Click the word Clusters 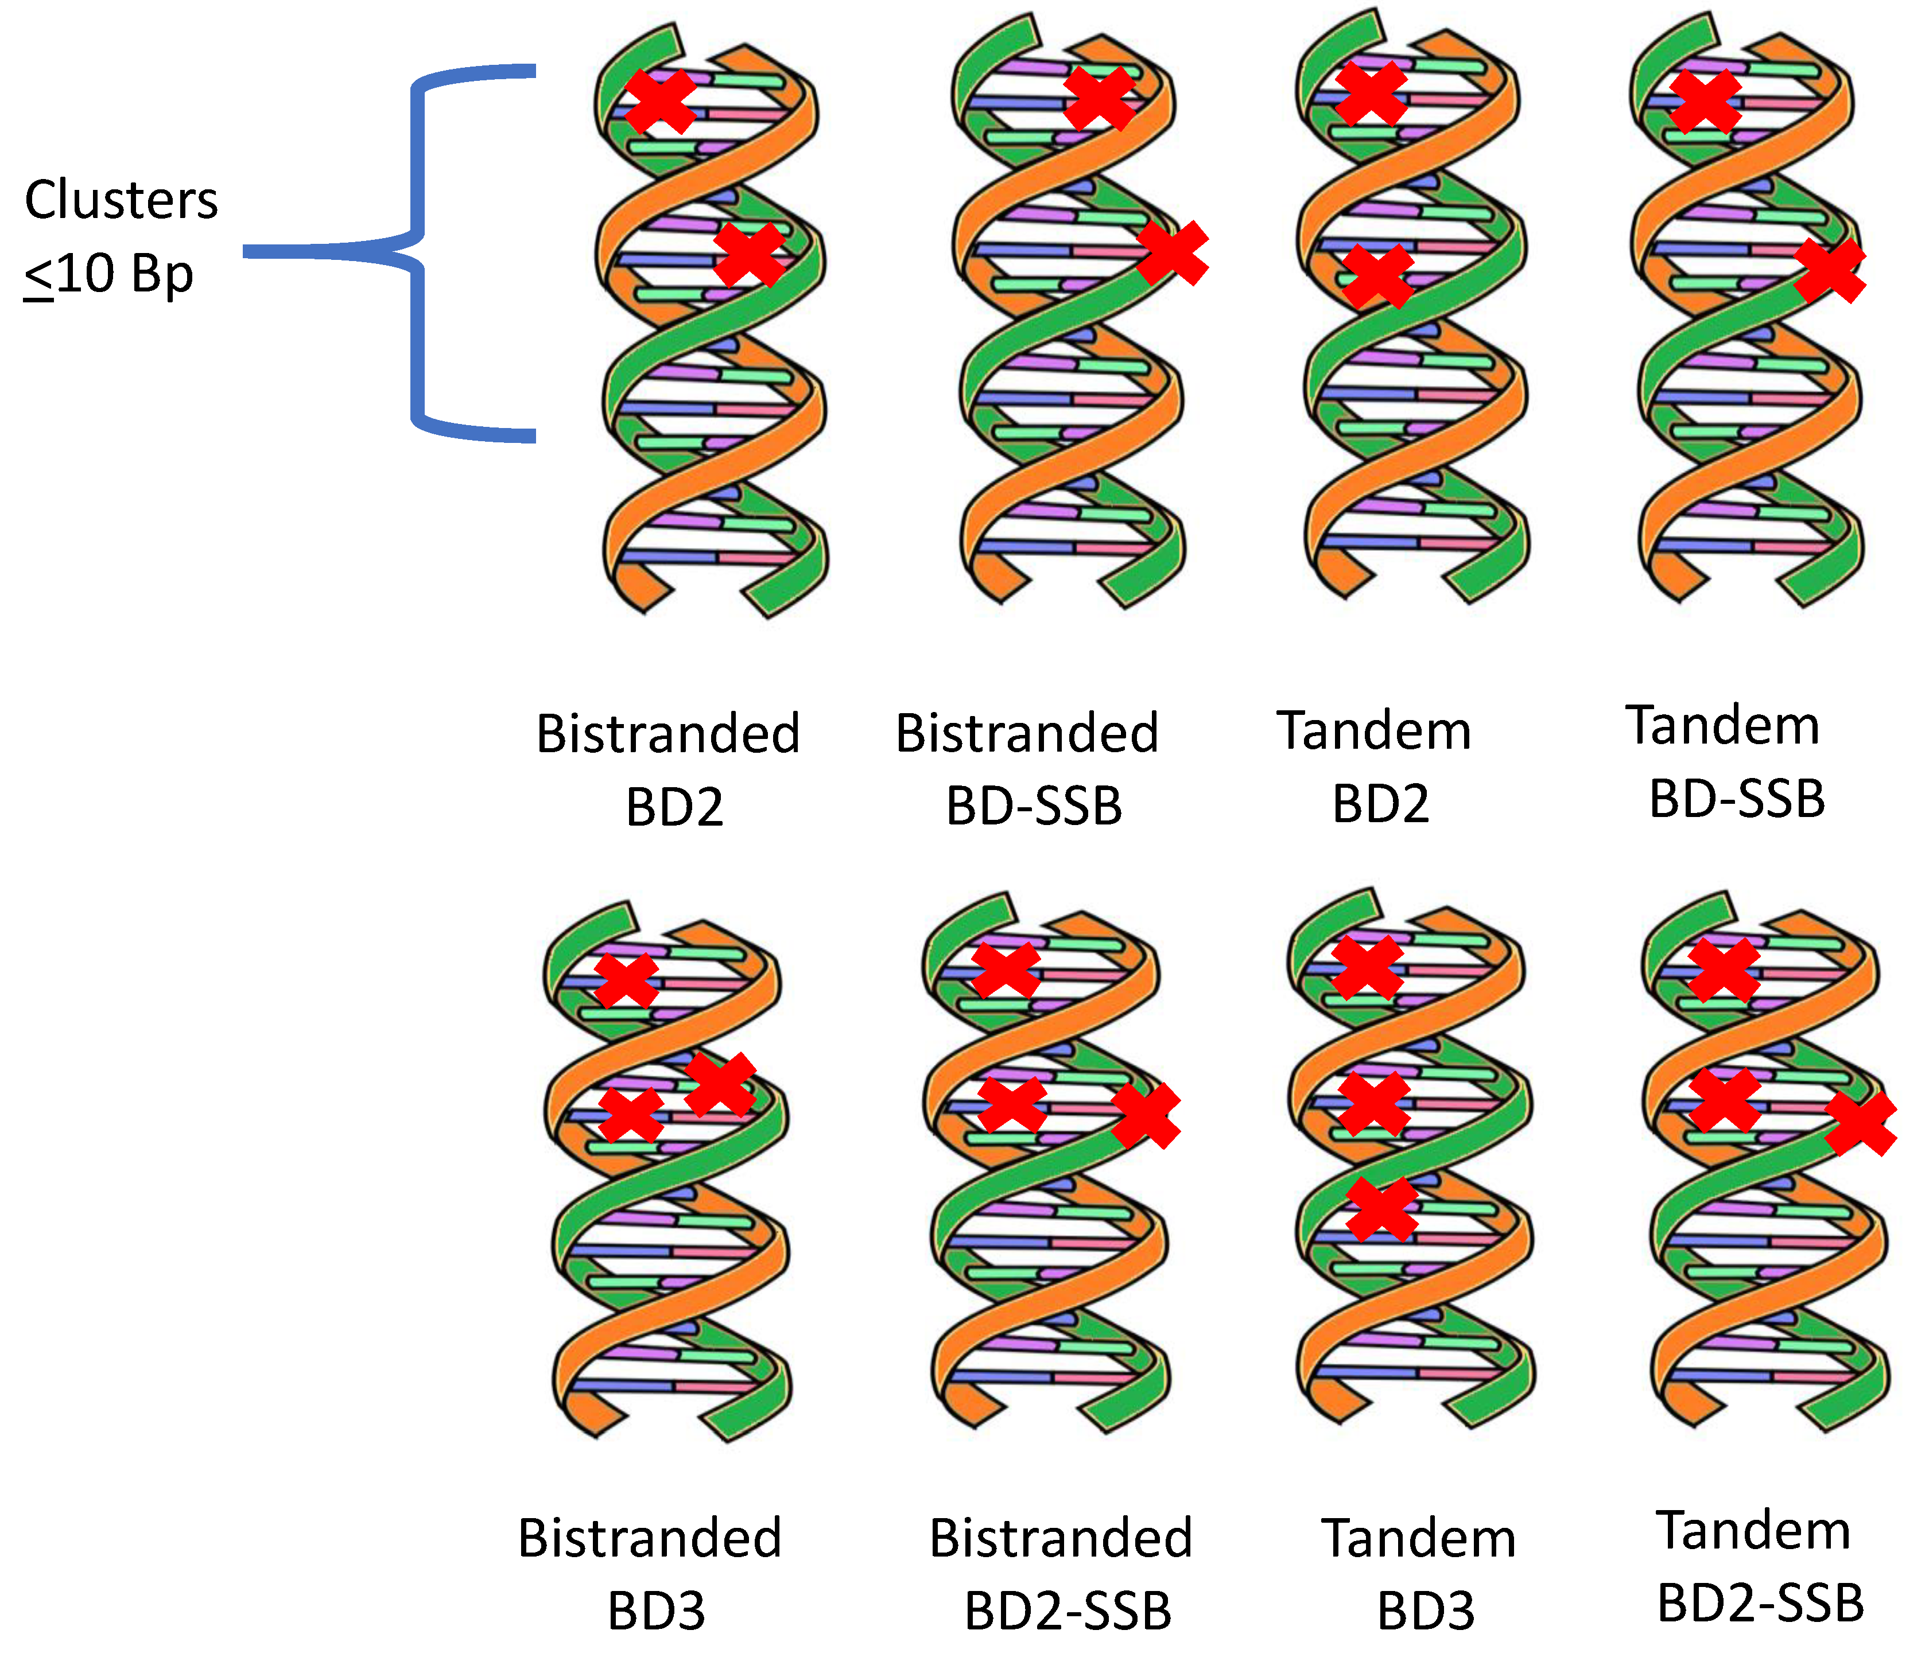pyautogui.click(x=121, y=200)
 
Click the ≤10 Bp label pyautogui.click(x=109, y=275)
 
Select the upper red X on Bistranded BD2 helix pyautogui.click(x=659, y=100)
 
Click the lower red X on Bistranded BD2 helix pyautogui.click(x=750, y=255)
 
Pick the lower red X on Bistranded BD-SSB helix pyautogui.click(x=1172, y=253)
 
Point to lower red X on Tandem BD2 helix pyautogui.click(x=1378, y=277)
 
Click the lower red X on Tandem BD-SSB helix pyautogui.click(x=1829, y=270)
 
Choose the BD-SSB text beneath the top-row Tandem pyautogui.click(x=1736, y=799)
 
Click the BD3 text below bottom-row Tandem pyautogui.click(x=1425, y=1611)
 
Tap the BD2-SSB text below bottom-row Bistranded pyautogui.click(x=1067, y=1611)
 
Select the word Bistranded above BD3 pyautogui.click(x=649, y=1538)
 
